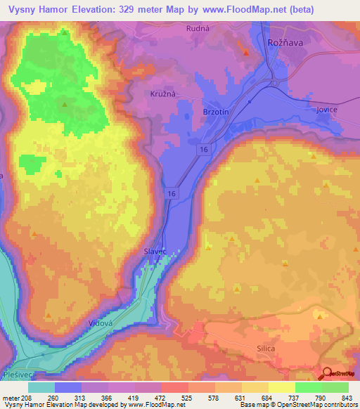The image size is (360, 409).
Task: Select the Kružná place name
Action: pos(162,93)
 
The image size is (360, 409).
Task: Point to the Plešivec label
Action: pos(18,376)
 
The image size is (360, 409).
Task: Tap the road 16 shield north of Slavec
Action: pos(173,193)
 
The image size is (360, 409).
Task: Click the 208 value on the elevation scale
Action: pos(27,398)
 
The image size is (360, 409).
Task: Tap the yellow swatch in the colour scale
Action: pos(281,387)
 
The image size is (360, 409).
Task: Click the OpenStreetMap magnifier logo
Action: pos(328,373)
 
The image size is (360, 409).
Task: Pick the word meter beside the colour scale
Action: pos(11,398)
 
